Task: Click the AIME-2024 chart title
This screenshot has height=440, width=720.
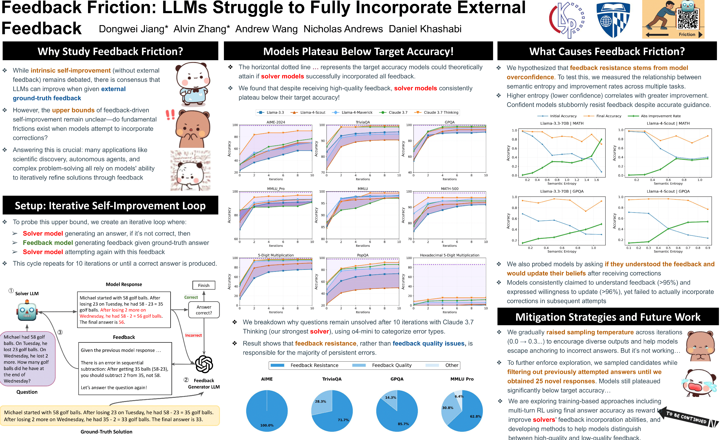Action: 276,122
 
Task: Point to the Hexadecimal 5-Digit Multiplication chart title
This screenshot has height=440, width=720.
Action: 449,255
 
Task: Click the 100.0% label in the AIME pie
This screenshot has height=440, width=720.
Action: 267,425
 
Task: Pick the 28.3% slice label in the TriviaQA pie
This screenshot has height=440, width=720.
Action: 320,402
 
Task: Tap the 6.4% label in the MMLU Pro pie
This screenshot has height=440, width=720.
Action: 459,396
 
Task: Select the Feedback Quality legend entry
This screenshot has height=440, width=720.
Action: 392,365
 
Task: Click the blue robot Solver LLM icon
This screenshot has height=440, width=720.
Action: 27,312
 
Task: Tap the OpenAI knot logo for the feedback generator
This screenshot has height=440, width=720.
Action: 204,364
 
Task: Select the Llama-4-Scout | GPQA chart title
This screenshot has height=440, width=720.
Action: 668,191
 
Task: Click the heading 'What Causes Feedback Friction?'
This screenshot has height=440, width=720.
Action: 607,51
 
